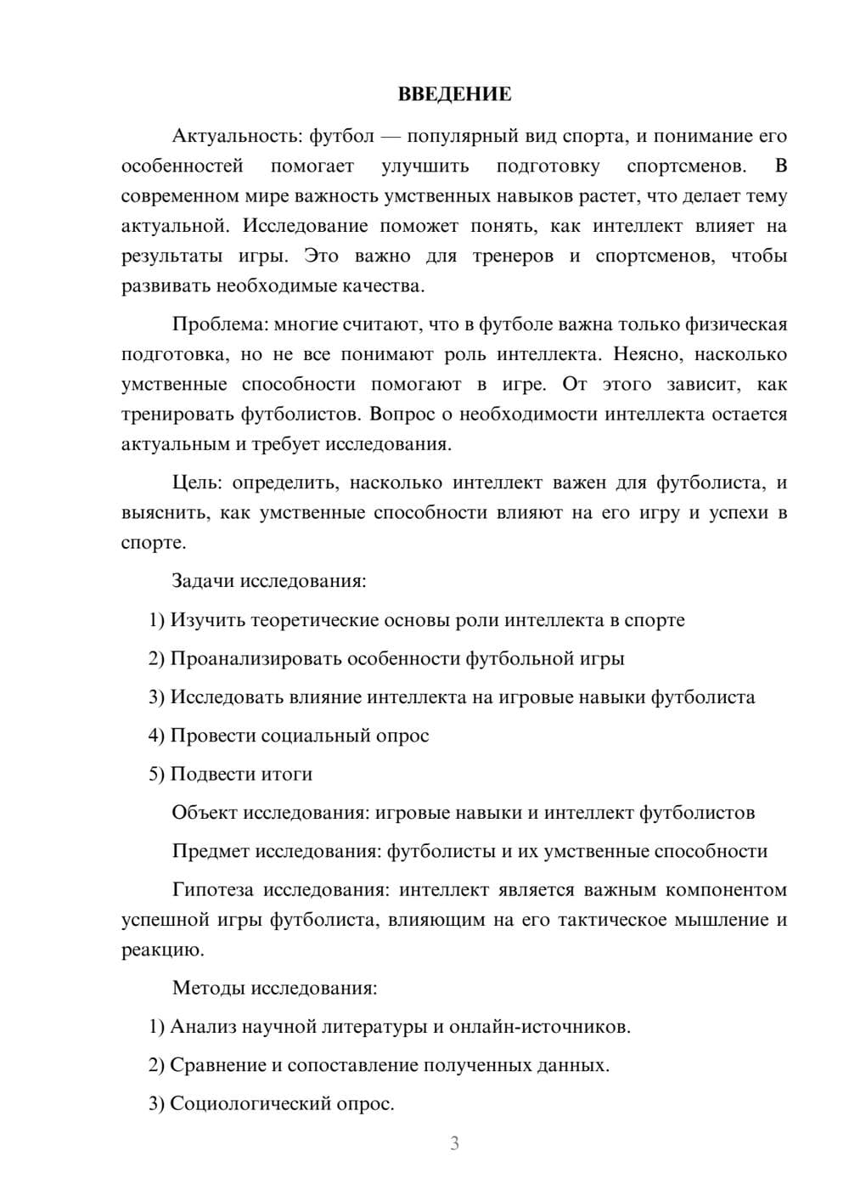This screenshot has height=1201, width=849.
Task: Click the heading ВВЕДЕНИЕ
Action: [x=454, y=94]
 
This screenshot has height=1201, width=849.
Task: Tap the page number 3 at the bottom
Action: [x=454, y=1143]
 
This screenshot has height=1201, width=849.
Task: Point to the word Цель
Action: [x=197, y=483]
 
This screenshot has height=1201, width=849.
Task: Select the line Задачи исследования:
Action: [x=269, y=582]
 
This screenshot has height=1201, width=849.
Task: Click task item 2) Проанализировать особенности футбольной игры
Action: [x=386, y=658]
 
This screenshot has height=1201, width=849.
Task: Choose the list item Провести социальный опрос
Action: [x=299, y=736]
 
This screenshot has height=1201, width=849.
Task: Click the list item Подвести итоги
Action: [x=241, y=774]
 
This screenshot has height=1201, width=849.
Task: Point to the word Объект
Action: [x=204, y=813]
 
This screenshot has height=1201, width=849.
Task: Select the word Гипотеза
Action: [x=212, y=890]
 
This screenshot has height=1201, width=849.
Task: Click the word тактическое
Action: [x=611, y=920]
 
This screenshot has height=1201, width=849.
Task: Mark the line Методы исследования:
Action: [x=274, y=988]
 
